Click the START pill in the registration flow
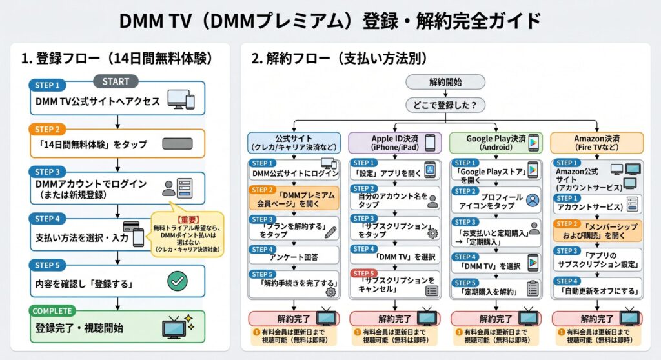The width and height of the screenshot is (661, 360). (x=116, y=81)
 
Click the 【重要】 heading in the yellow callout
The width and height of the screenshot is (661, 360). (x=187, y=218)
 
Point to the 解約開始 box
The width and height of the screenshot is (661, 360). (x=445, y=82)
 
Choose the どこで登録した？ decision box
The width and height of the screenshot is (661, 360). (x=445, y=104)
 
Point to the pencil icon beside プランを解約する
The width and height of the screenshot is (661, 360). (x=330, y=233)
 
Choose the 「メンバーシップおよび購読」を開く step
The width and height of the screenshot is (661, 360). (x=598, y=231)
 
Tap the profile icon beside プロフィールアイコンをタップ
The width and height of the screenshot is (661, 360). (x=533, y=200)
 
